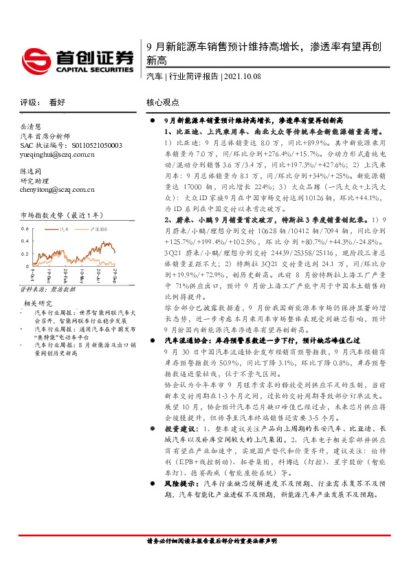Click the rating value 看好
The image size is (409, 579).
click(x=57, y=102)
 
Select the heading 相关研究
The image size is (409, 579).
click(x=39, y=303)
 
